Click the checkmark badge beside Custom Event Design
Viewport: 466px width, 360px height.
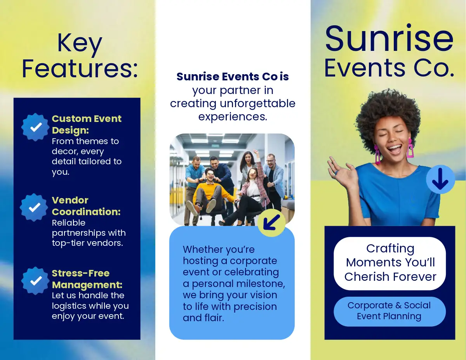(x=35, y=127)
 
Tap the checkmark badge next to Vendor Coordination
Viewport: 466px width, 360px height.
(x=34, y=207)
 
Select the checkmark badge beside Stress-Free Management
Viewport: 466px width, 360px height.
(x=35, y=281)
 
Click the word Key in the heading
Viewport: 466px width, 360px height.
(x=80, y=44)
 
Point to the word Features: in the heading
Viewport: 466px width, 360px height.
(x=80, y=69)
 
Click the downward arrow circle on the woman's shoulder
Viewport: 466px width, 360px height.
(x=440, y=179)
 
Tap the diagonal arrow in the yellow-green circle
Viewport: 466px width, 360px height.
(x=271, y=223)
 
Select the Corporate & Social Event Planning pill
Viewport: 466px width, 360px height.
(x=389, y=311)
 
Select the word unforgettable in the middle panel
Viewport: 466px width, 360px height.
(x=257, y=103)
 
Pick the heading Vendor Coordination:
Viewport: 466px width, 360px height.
(x=86, y=206)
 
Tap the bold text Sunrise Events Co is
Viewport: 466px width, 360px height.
(x=233, y=77)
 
